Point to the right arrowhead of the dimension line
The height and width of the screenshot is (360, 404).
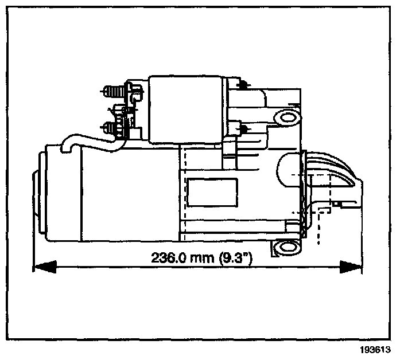tap(352, 266)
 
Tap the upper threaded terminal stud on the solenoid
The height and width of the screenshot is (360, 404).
tap(110, 91)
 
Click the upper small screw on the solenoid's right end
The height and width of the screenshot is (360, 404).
tap(242, 85)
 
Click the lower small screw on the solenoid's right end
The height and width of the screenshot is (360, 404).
tap(242, 127)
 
